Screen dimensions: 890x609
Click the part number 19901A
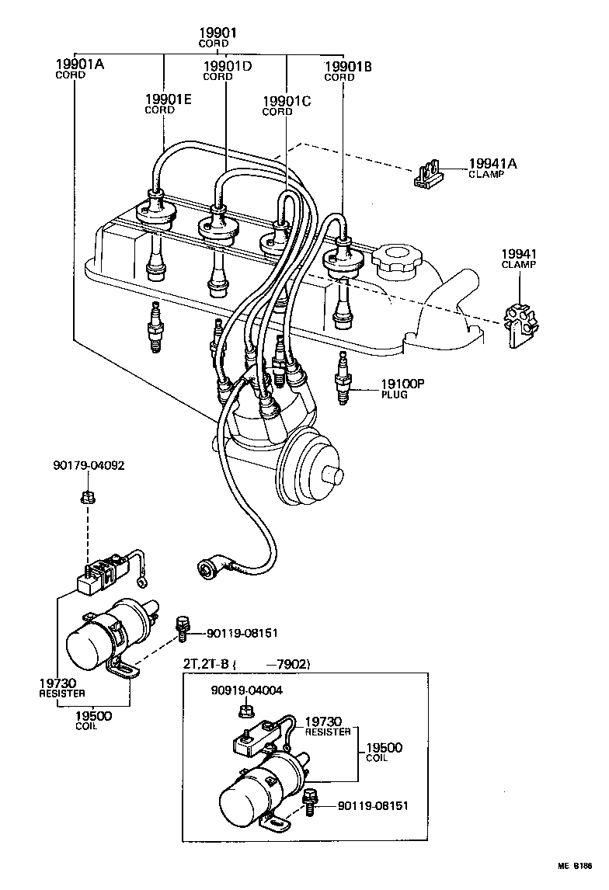coord(79,64)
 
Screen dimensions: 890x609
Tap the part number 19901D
coord(227,66)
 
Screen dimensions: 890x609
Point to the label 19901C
coord(286,101)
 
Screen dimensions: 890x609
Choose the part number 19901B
coord(347,67)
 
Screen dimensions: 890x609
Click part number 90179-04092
coord(89,466)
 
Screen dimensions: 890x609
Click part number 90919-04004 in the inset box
coord(246,690)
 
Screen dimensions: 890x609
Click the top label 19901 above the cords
coord(217,33)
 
